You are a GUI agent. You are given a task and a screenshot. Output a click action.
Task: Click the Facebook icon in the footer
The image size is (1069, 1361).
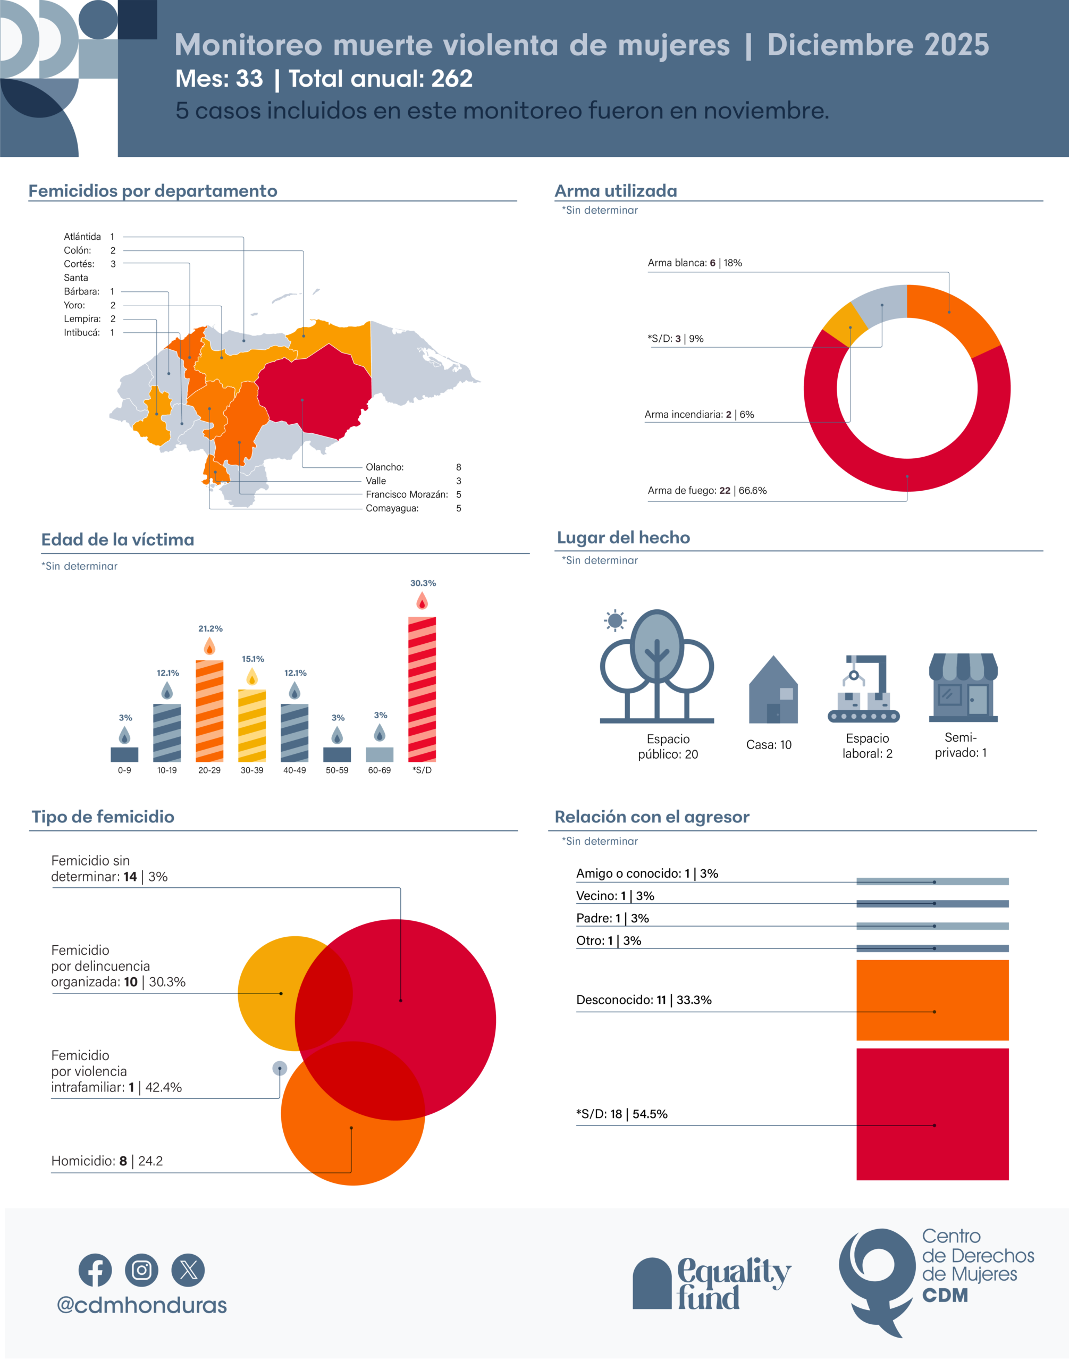[95, 1270]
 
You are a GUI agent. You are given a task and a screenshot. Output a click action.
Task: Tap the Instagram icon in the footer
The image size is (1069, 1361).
[141, 1270]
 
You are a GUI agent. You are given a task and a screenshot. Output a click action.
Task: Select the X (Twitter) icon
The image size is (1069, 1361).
[188, 1270]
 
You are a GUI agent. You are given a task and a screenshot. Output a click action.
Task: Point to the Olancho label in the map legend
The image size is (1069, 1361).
[384, 467]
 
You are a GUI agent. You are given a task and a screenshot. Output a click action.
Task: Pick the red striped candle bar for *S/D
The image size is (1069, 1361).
[422, 688]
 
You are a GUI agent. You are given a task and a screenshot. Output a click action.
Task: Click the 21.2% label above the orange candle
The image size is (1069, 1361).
[211, 628]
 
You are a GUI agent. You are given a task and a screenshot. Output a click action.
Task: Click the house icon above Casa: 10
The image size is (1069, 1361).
[773, 690]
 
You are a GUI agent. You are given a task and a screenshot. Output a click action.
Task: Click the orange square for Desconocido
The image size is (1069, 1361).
[932, 1000]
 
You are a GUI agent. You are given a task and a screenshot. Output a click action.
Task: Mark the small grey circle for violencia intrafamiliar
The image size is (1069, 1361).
[279, 1068]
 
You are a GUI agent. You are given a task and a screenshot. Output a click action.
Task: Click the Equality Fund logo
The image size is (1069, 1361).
[711, 1283]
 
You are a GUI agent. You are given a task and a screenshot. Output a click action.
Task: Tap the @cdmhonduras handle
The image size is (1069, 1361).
[141, 1305]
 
